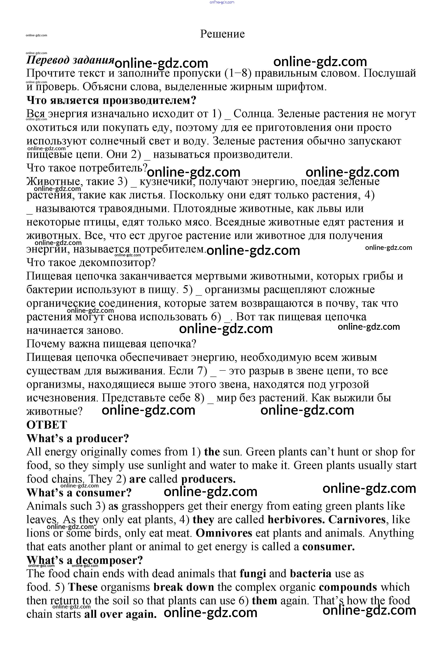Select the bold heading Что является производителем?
(111, 100)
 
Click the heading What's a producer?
(78, 438)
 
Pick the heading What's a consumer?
(79, 493)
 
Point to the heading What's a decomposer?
(85, 560)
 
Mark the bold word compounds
(348, 587)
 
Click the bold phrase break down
(184, 587)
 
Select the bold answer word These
(83, 587)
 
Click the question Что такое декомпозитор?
(91, 263)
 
